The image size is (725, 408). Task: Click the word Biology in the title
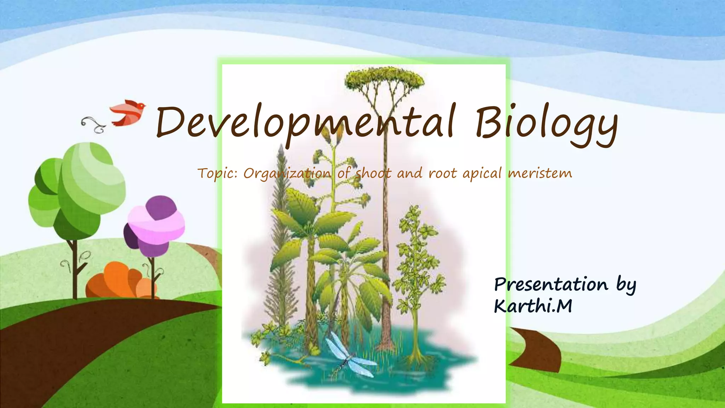546,124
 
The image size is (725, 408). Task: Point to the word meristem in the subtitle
540,173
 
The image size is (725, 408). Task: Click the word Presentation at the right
551,285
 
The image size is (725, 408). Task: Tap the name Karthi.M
533,306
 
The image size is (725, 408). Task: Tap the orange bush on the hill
120,282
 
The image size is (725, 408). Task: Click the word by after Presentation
626,285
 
